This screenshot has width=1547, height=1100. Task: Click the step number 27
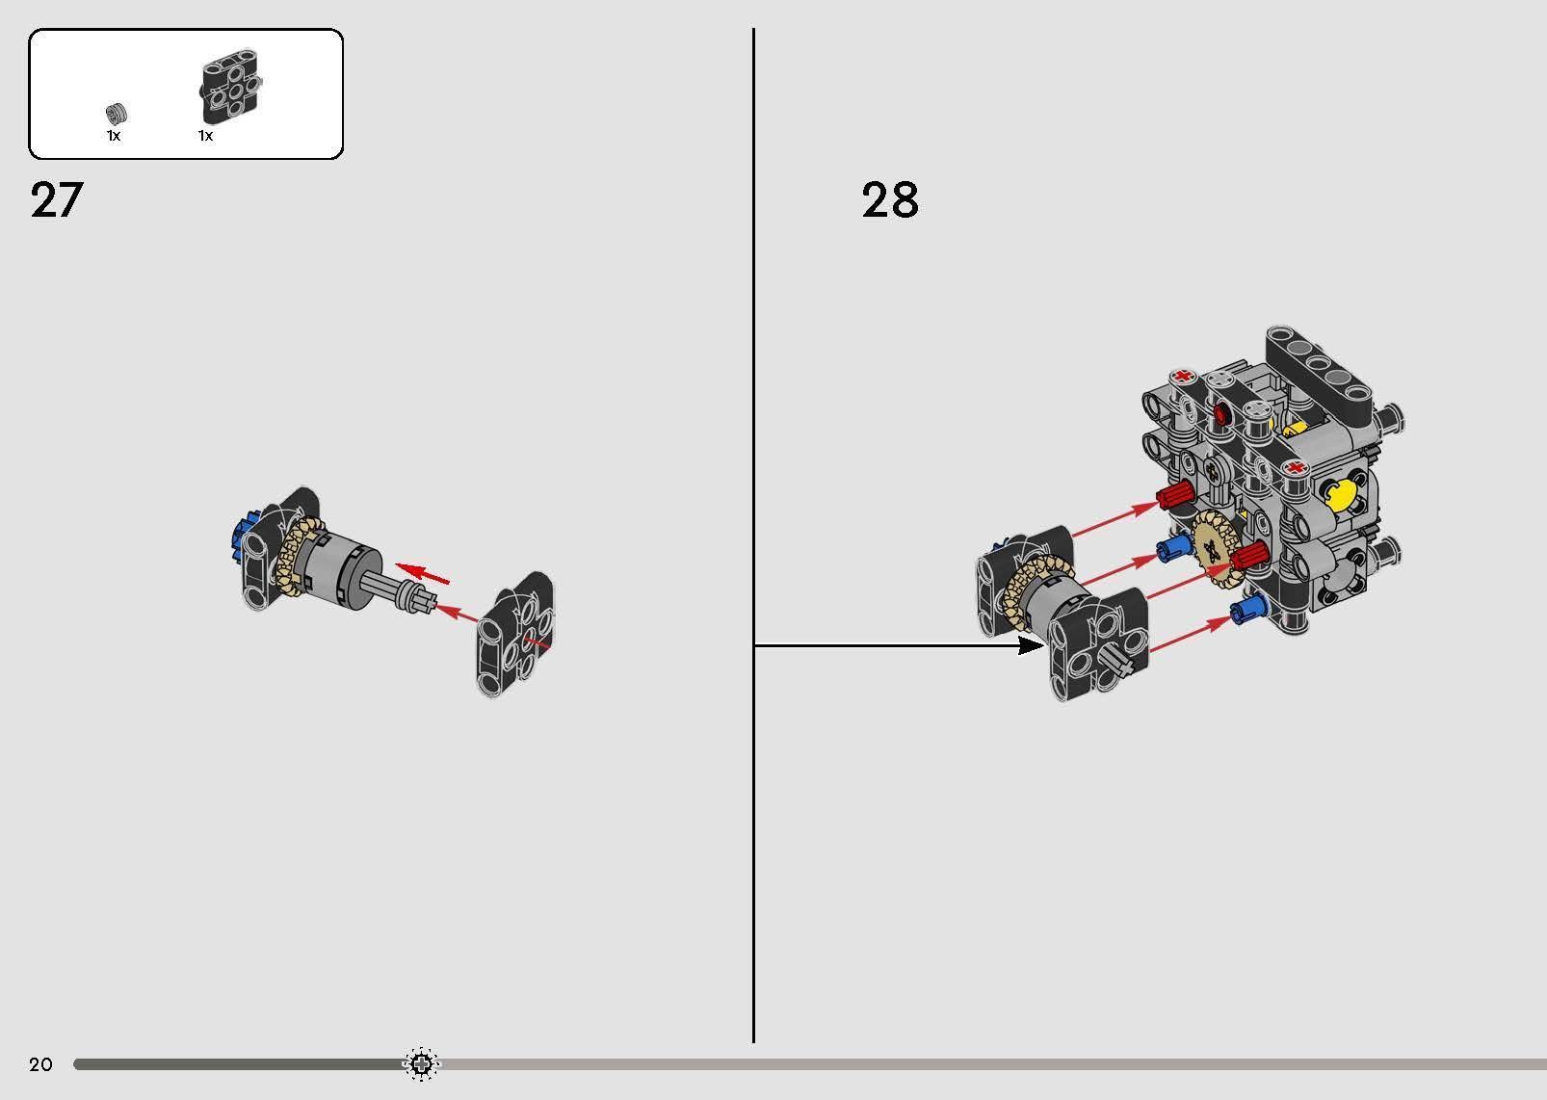point(57,200)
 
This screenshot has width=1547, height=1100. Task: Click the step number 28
point(889,200)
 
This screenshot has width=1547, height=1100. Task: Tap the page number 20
point(40,1064)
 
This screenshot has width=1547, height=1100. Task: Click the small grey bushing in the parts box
point(117,112)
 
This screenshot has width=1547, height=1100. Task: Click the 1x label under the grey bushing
point(114,136)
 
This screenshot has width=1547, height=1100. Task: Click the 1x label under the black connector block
point(205,136)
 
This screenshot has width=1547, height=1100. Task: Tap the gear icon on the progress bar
point(420,1063)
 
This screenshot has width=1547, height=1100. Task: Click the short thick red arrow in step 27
point(424,573)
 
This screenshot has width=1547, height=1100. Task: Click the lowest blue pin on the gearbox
point(1247,608)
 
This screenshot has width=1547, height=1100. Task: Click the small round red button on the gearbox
point(1222,415)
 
